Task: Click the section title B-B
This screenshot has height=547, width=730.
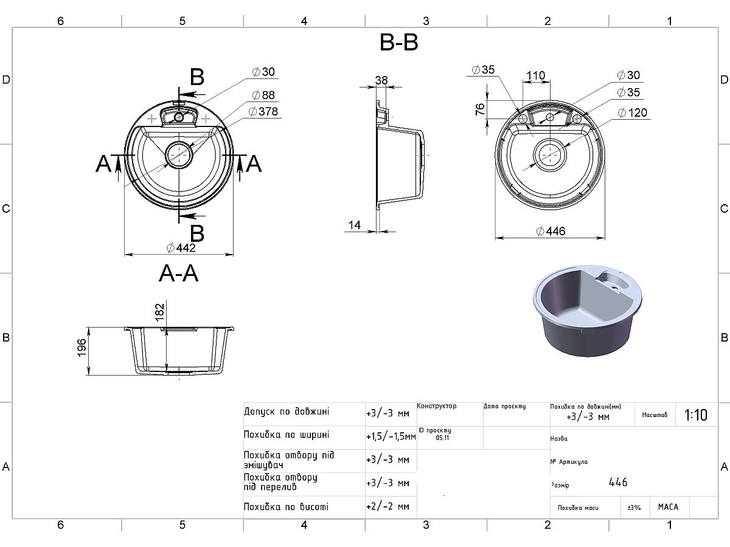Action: [398, 43]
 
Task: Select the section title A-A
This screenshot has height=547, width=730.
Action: [178, 274]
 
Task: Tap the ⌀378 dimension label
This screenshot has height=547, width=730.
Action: [264, 111]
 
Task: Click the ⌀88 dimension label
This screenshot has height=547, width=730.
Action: [264, 95]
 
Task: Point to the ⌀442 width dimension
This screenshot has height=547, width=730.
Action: [181, 248]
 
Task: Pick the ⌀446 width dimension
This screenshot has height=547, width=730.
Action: [551, 231]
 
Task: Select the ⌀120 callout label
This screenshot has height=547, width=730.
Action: [633, 112]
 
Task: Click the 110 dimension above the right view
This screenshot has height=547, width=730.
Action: [535, 76]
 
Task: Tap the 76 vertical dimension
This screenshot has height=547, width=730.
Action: [480, 109]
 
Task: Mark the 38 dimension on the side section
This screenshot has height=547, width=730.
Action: [381, 80]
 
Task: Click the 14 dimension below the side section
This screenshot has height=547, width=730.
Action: [354, 225]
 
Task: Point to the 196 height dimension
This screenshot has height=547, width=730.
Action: [82, 348]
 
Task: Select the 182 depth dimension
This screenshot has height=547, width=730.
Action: [160, 311]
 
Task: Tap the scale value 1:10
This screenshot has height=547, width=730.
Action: [696, 415]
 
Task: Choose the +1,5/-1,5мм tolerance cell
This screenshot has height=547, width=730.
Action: [391, 436]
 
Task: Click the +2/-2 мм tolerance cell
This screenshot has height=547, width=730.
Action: [388, 506]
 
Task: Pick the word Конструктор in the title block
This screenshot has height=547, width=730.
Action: [436, 406]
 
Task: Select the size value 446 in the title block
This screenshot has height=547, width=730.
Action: [618, 483]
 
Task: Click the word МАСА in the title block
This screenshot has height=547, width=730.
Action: [668, 507]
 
